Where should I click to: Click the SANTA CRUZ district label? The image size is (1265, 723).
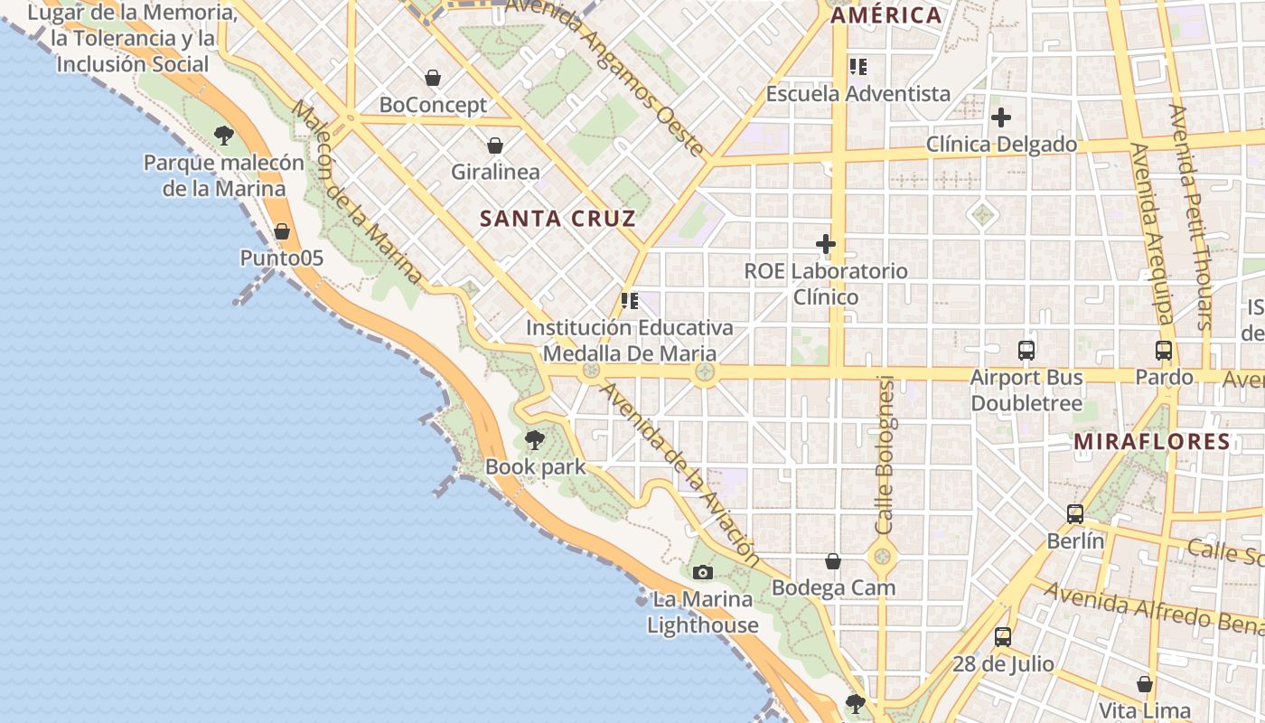click(x=558, y=219)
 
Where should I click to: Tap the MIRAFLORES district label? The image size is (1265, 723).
click(x=1152, y=442)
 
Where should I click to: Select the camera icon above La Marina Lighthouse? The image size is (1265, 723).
click(x=702, y=572)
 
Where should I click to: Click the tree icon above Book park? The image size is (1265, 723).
click(x=535, y=440)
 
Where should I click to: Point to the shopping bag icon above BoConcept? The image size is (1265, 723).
click(x=433, y=78)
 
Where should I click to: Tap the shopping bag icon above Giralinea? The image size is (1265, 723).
click(x=495, y=145)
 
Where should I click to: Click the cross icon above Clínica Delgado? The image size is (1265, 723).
click(x=1001, y=117)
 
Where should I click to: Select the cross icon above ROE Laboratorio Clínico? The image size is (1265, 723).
click(x=826, y=244)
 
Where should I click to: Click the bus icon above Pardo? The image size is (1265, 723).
click(x=1164, y=351)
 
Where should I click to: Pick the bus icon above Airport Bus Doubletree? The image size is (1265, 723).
click(x=1026, y=351)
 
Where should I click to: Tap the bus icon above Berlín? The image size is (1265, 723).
click(x=1075, y=514)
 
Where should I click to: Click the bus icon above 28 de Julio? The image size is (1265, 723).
click(x=1003, y=637)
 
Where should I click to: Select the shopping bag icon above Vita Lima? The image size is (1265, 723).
click(x=1145, y=684)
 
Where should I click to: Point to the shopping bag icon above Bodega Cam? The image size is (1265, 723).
click(x=833, y=561)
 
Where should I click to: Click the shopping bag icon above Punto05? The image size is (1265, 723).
click(x=282, y=231)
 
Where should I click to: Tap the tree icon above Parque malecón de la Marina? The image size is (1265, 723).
click(x=224, y=136)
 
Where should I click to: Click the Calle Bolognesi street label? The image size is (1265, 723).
click(x=885, y=454)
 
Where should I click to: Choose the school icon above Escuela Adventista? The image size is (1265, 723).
click(x=857, y=66)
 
